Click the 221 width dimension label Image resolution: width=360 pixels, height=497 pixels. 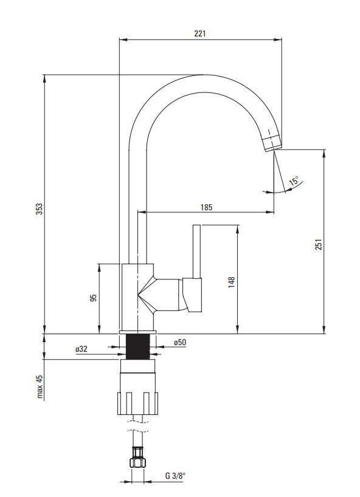tap(200, 33)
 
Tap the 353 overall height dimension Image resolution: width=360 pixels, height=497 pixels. tap(39, 209)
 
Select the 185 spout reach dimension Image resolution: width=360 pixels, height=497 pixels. tap(206, 208)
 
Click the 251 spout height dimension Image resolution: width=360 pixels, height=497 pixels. tap(319, 244)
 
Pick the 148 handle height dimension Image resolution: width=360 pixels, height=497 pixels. tap(232, 282)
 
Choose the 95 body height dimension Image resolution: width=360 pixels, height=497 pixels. tap(93, 298)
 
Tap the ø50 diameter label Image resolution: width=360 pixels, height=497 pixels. tap(180, 342)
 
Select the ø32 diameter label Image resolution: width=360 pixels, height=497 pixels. tap(81, 349)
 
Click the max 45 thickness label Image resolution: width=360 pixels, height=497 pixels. tap(40, 386)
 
